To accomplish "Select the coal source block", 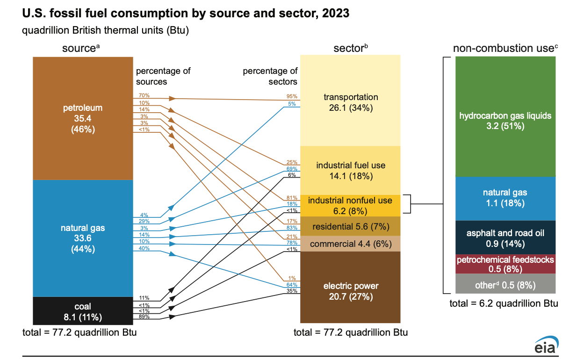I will pos(83,311).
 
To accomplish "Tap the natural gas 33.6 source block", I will pos(83,238).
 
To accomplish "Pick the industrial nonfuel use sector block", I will pos(350,206).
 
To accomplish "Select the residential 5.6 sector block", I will pos(350,227).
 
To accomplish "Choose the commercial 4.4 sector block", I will pos(350,244).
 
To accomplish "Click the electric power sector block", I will pos(350,290).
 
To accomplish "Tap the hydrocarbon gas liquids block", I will pos(505,120).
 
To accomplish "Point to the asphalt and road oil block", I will pos(505,238).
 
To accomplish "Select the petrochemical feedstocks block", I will pos(505,264).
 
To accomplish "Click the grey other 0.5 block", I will pos(505,285).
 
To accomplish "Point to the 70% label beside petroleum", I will pos(144,95).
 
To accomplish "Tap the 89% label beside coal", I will pos(144,317).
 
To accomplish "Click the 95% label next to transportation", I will pos(292,97).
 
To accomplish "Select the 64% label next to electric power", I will pos(292,284).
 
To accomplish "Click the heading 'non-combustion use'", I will pos(505,48).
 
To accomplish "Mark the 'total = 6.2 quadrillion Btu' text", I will pos(504,303).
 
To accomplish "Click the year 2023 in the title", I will pos(334,14).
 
